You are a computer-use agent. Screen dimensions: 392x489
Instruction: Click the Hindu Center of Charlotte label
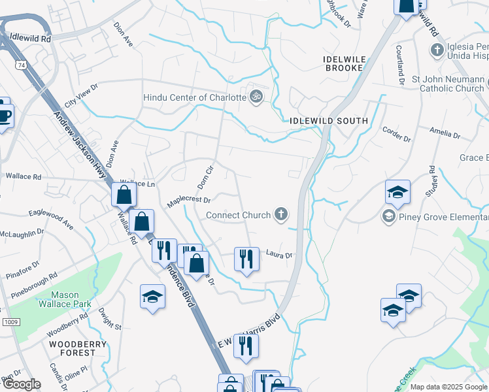[195, 97]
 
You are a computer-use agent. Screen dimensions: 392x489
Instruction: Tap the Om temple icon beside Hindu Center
[257, 97]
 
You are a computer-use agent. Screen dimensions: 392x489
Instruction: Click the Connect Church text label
[238, 215]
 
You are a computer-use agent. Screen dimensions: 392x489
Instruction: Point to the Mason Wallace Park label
[70, 299]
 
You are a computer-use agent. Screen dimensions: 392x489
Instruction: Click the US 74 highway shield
[22, 65]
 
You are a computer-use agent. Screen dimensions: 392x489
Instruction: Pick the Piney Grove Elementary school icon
[389, 216]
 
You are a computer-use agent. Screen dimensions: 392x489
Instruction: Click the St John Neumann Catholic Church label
[448, 84]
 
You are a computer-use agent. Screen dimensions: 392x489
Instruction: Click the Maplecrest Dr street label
[188, 201]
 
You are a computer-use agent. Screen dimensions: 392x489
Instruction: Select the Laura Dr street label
[278, 255]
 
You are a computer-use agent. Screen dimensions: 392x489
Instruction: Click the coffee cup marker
[4, 115]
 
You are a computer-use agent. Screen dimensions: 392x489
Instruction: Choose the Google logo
[22, 384]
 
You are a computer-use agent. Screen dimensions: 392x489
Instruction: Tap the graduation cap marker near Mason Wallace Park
[153, 297]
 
